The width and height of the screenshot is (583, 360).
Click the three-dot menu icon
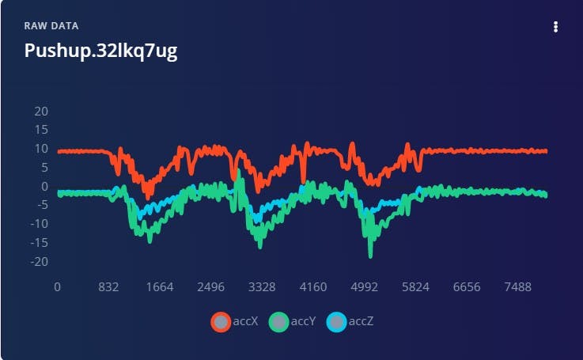[555, 27]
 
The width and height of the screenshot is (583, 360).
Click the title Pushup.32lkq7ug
[100, 51]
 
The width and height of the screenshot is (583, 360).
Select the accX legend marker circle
[221, 321]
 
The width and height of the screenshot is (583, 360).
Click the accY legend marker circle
[279, 321]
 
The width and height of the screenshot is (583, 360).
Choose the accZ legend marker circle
[337, 321]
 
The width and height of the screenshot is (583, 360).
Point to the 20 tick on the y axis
[41, 111]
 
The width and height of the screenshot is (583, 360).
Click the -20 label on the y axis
[39, 262]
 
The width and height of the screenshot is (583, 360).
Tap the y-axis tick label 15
[41, 130]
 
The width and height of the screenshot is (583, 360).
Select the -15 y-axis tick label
[39, 243]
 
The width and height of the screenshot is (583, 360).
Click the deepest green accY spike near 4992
[370, 254]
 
